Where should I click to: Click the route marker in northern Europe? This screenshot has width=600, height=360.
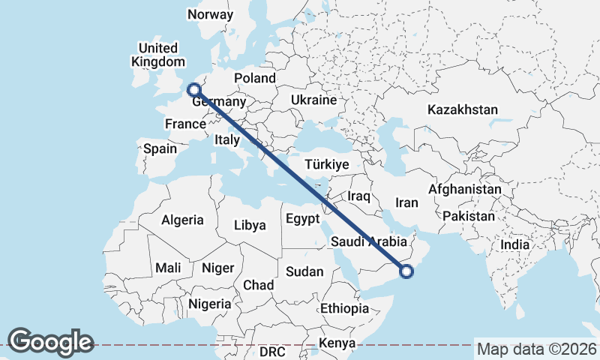pyautogui.click(x=193, y=89)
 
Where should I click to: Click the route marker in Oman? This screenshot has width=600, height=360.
pyautogui.click(x=406, y=271)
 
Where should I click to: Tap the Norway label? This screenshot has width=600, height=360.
pyautogui.click(x=211, y=14)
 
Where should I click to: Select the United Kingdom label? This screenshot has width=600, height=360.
pyautogui.click(x=157, y=55)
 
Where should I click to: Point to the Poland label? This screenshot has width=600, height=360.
pyautogui.click(x=255, y=78)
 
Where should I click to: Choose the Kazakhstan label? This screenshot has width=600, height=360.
pyautogui.click(x=463, y=109)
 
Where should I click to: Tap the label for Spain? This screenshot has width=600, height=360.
pyautogui.click(x=160, y=148)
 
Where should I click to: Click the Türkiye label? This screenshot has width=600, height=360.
pyautogui.click(x=327, y=164)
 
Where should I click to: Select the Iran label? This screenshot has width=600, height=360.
pyautogui.click(x=406, y=202)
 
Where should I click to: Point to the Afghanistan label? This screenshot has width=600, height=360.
pyautogui.click(x=464, y=190)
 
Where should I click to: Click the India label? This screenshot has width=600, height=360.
pyautogui.click(x=515, y=244)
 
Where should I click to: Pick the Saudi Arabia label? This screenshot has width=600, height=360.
pyautogui.click(x=368, y=242)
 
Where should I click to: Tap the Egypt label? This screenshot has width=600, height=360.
pyautogui.click(x=303, y=219)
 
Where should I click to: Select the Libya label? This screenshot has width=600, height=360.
pyautogui.click(x=250, y=225)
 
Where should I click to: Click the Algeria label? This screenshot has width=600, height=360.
pyautogui.click(x=182, y=220)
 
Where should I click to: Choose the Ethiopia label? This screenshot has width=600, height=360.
pyautogui.click(x=344, y=308)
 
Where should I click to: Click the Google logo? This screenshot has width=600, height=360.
pyautogui.click(x=51, y=341)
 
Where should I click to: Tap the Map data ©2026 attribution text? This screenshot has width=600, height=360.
pyautogui.click(x=536, y=349)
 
